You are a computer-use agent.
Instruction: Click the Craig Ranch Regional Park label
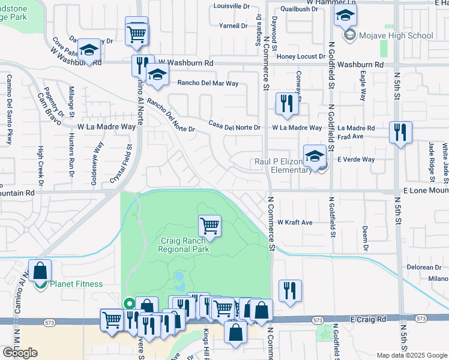coord(184,245)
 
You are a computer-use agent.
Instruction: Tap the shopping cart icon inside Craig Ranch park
coord(210,226)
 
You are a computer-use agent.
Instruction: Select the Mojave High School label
coord(396,35)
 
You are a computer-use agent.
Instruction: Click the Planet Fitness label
coord(76,284)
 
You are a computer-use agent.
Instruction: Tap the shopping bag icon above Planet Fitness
coord(40,271)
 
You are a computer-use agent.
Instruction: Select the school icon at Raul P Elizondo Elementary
coord(315,157)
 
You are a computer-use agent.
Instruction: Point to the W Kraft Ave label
coord(295,222)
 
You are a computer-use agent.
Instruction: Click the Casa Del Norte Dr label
coord(234,127)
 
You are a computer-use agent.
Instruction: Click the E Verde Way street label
coord(356,160)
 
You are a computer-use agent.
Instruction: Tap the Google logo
coord(20,352)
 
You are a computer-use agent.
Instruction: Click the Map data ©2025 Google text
coord(412,355)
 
